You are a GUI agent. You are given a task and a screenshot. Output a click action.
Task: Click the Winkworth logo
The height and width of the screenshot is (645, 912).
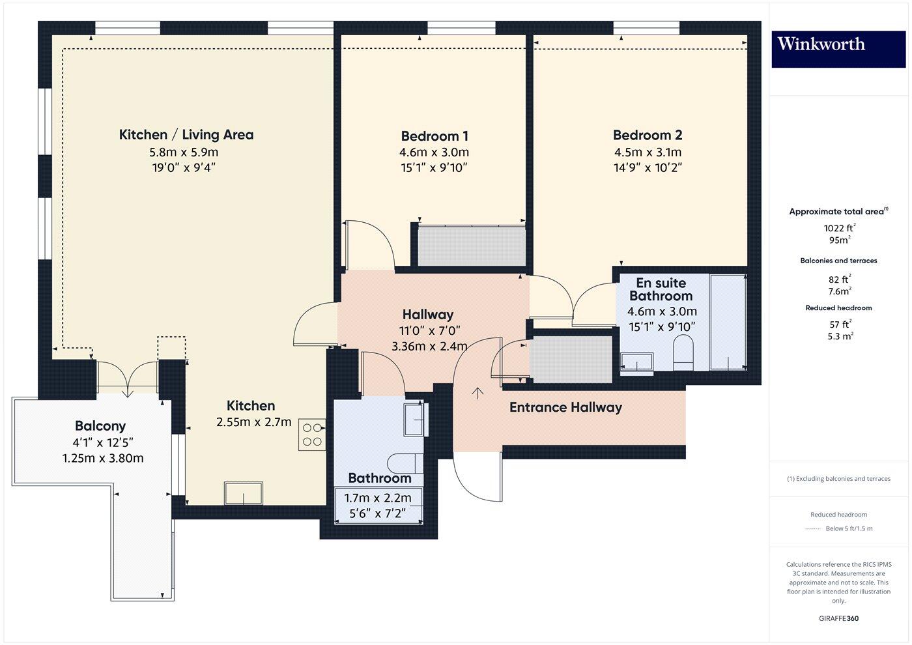click(838, 45)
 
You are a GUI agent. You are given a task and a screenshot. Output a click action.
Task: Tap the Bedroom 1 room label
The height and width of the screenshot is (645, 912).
click(434, 136)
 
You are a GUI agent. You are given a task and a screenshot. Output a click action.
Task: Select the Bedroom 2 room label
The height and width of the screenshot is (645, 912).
click(647, 135)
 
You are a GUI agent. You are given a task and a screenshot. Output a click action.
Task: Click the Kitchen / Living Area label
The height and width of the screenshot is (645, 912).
click(186, 135)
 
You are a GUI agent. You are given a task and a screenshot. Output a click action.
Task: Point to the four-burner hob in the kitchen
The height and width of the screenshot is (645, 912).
click(312, 435)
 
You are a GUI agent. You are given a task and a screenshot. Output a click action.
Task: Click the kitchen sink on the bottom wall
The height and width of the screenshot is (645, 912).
click(244, 493)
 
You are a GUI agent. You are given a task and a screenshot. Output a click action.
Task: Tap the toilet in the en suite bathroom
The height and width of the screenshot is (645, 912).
click(683, 352)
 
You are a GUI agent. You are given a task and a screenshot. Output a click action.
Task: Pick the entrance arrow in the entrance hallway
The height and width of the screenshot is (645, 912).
click(478, 393)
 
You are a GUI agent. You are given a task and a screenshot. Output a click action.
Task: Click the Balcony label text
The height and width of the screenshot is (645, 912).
click(100, 426)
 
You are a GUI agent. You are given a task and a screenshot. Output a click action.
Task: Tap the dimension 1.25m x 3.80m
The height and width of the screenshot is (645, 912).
click(103, 458)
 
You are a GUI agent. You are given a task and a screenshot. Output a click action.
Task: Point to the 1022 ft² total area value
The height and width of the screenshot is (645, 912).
click(839, 227)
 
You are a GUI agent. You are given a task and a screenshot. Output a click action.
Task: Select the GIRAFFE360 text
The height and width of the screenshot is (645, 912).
click(838, 618)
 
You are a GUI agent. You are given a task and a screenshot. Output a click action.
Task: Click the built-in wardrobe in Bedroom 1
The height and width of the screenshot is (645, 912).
click(472, 246)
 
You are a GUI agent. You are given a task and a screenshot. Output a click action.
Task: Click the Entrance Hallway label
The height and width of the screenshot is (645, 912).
click(565, 407)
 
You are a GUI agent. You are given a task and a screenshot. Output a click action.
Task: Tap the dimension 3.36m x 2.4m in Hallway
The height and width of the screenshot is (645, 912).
click(429, 346)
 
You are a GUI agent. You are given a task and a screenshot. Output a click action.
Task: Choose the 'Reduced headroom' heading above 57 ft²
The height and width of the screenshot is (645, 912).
click(838, 308)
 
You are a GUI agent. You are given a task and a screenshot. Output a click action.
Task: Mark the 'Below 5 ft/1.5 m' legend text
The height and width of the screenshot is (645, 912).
click(849, 528)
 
